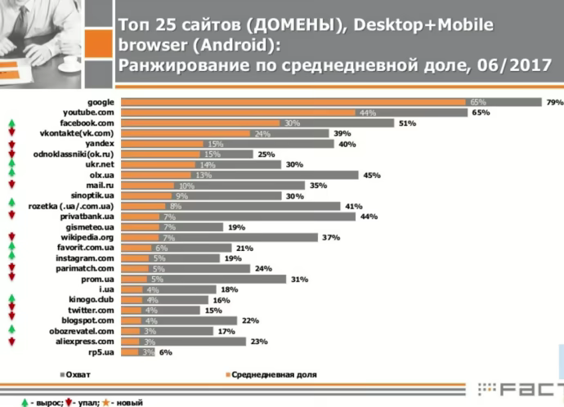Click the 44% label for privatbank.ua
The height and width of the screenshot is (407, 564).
[x=367, y=217]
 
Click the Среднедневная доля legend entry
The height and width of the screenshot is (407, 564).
[x=271, y=374]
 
